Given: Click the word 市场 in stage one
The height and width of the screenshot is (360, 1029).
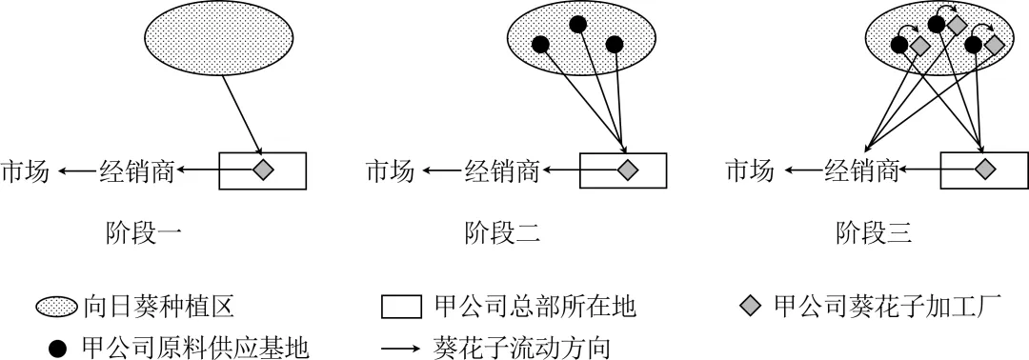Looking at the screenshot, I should coord(25,171).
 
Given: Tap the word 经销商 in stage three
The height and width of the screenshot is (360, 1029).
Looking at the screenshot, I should coord(861,171).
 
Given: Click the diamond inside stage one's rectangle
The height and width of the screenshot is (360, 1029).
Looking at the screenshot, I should coord(263,170).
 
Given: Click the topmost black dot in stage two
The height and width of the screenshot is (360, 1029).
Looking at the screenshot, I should coord(576,24).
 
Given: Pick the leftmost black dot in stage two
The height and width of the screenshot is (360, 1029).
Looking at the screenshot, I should coord(540,44).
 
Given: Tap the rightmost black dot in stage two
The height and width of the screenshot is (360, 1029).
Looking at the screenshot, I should coord(614,44).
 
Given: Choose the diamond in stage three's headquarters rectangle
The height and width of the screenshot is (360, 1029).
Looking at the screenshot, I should coord(984,170).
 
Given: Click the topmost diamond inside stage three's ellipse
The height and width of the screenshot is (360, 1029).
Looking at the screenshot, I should coord(958,23).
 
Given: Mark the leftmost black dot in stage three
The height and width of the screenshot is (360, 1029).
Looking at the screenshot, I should coord(898,43).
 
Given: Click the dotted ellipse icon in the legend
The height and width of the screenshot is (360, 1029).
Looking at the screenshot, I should coord(59,307).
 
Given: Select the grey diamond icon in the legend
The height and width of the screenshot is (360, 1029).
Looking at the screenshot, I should coord(751,306).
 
